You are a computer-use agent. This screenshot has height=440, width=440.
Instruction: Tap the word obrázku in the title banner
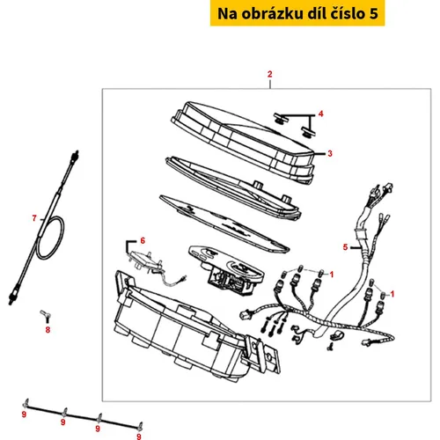(268, 13)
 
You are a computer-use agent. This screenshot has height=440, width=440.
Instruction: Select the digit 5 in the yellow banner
(373, 14)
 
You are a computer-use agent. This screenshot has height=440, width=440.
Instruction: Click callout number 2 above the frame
(269, 74)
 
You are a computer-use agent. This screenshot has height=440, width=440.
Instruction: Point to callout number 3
(330, 153)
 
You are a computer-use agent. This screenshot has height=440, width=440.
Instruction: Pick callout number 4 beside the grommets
(321, 114)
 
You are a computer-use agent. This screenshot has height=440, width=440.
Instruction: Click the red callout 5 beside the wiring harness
(345, 247)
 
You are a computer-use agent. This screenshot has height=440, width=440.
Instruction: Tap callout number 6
(143, 240)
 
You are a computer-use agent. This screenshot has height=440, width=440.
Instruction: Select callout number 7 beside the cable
(34, 218)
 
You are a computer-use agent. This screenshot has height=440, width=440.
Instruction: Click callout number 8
(48, 330)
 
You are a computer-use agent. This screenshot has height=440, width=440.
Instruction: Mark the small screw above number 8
(46, 315)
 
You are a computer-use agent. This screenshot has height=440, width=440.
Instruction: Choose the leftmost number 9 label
(24, 414)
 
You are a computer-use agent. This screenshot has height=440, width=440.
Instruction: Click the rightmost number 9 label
(139, 436)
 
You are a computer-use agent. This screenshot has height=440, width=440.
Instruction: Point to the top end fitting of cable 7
(75, 157)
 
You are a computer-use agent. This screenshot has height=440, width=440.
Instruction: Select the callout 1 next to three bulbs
(332, 275)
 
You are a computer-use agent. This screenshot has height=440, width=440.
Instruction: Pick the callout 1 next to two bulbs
(392, 294)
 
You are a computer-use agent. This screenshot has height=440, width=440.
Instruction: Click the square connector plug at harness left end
(246, 314)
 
